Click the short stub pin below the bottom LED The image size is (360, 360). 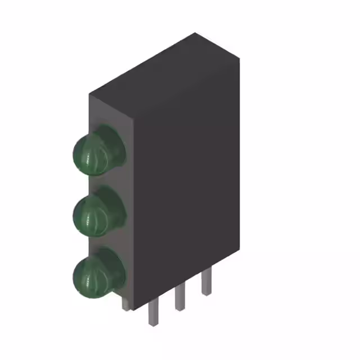[x=125, y=304]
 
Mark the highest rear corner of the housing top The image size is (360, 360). [x=195, y=33]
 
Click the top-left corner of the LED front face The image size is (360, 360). [x=89, y=94]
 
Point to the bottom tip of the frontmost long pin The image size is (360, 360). [x=152, y=325]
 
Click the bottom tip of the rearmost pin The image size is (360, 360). [x=206, y=294]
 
